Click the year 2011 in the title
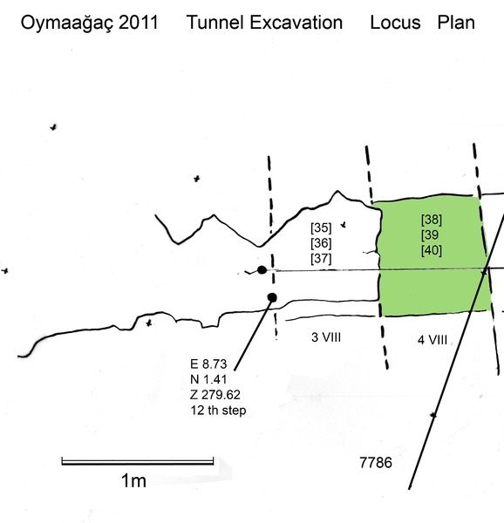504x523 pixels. click(138, 23)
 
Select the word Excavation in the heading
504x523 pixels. click(296, 23)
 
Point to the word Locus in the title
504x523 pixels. click(395, 23)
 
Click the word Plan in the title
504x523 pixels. click(456, 23)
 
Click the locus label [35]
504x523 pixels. click(321, 228)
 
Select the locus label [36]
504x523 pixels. click(321, 243)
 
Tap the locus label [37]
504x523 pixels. click(321, 259)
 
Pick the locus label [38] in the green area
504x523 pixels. click(432, 220)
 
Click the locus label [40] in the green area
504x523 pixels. click(432, 250)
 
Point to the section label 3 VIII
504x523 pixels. click(326, 337)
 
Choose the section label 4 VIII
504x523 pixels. click(432, 340)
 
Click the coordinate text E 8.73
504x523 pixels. click(208, 363)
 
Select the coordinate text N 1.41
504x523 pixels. click(208, 379)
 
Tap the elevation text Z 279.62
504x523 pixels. click(215, 395)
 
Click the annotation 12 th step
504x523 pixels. click(218, 411)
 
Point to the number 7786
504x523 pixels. click(376, 463)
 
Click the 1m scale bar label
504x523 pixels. click(133, 481)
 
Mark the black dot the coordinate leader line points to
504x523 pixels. click(272, 297)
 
